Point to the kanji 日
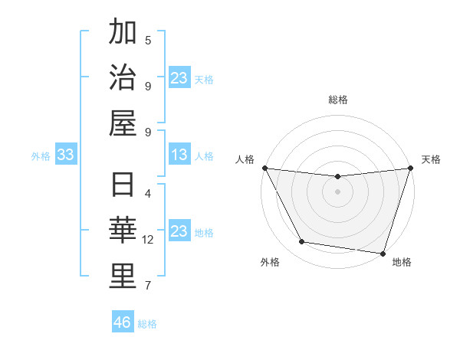122,186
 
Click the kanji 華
122,231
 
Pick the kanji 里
122,275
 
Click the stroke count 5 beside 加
148,40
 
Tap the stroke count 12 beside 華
148,240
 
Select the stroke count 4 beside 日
148,194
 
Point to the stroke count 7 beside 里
148,286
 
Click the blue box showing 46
123,322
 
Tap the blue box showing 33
66,155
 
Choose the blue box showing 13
179,155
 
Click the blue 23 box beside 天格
179,78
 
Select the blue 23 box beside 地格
179,232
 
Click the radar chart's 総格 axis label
337,100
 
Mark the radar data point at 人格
264,168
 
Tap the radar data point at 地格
383,253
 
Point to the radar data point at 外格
301,242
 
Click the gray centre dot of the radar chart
337,191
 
